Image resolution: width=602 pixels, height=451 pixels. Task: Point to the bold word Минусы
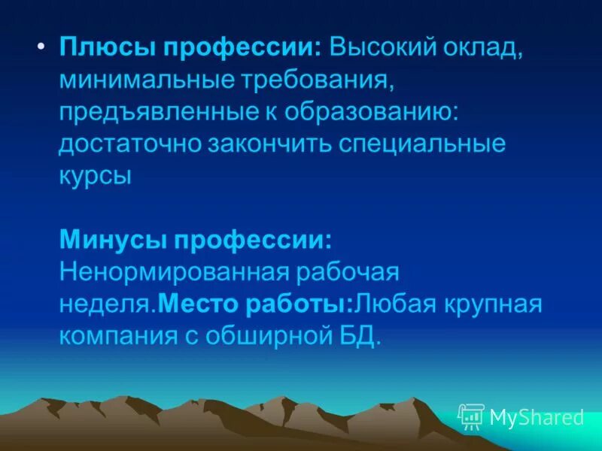[112, 241]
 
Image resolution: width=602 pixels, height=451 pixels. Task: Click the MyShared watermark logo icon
[471, 416]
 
